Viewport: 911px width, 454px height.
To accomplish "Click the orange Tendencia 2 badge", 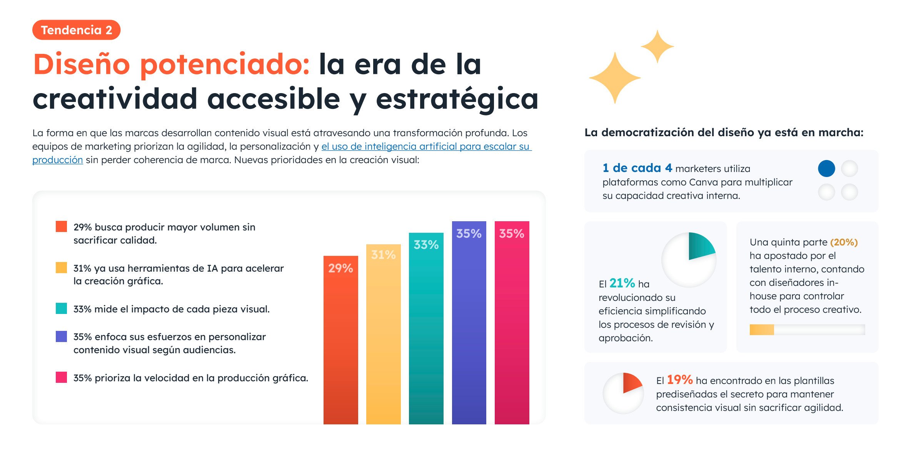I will point(76,30).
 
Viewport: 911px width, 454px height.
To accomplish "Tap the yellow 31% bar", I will point(383,335).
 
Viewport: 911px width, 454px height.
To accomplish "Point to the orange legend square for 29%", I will point(61,227).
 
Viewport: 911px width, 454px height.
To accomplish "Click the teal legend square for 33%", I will point(61,309).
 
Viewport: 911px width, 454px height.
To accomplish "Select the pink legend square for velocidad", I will point(61,377).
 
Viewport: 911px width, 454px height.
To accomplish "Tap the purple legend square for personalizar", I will point(61,337).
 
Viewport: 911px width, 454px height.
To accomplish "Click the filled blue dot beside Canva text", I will point(826,169).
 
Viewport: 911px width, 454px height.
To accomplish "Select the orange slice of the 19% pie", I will point(631,382).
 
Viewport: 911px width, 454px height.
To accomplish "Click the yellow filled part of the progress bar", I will point(761,330).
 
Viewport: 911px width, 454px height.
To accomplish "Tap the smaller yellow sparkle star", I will point(657,46).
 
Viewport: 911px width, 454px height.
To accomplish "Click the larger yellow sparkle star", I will point(615,78).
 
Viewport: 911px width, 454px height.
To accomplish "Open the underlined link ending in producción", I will point(57,160).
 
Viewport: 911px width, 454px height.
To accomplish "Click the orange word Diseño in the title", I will point(82,64).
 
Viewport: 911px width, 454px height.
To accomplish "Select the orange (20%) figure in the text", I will point(844,242).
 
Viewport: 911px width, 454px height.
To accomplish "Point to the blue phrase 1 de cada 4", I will point(637,168).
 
